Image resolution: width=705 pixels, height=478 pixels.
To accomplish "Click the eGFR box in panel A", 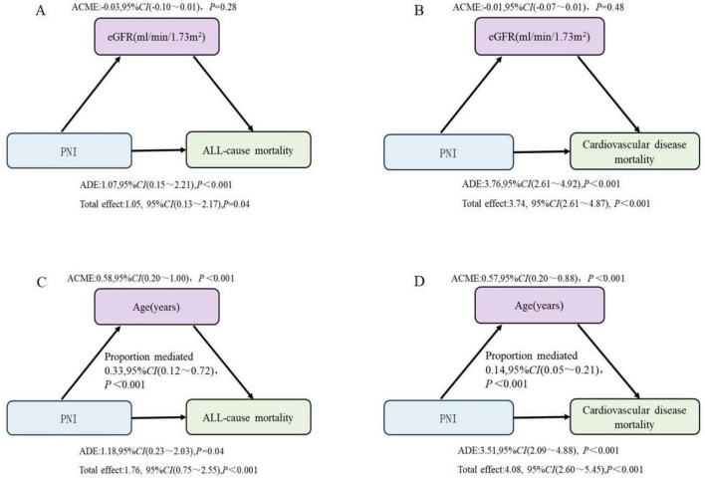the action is [156, 37].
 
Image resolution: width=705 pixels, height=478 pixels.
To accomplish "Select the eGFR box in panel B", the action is [540, 37].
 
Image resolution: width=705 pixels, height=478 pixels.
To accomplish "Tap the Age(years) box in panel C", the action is [156, 307].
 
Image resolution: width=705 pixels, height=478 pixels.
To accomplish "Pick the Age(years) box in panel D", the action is [540, 306].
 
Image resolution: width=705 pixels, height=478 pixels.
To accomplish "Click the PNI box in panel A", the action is [70, 151].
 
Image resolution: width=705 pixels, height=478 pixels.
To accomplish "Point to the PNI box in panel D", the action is [448, 418].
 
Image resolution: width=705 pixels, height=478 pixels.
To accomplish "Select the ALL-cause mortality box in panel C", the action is [248, 417].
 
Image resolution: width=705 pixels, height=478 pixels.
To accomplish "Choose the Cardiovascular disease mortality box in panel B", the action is [634, 151].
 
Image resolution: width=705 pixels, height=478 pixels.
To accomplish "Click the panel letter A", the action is [41, 10].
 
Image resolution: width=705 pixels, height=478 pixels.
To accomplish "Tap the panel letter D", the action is [419, 283].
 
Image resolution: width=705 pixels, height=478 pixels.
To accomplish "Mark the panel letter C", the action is [42, 283].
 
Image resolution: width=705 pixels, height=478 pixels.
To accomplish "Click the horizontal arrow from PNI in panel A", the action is [159, 150].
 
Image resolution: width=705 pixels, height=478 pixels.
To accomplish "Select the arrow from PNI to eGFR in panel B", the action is [471, 95].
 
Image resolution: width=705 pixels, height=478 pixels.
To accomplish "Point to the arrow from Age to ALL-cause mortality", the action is [223, 362].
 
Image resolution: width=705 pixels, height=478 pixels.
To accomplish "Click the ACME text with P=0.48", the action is [538, 7].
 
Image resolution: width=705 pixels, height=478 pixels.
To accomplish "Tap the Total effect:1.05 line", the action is [164, 204].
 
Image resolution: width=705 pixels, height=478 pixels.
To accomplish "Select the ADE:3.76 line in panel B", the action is [541, 184].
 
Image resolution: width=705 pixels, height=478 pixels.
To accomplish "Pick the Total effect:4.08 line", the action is [551, 469].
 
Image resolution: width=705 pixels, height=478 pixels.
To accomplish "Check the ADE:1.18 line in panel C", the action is [151, 451].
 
